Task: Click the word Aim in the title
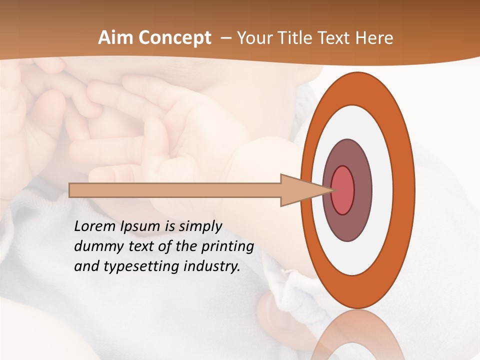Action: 115,38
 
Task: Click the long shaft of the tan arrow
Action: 175,190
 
